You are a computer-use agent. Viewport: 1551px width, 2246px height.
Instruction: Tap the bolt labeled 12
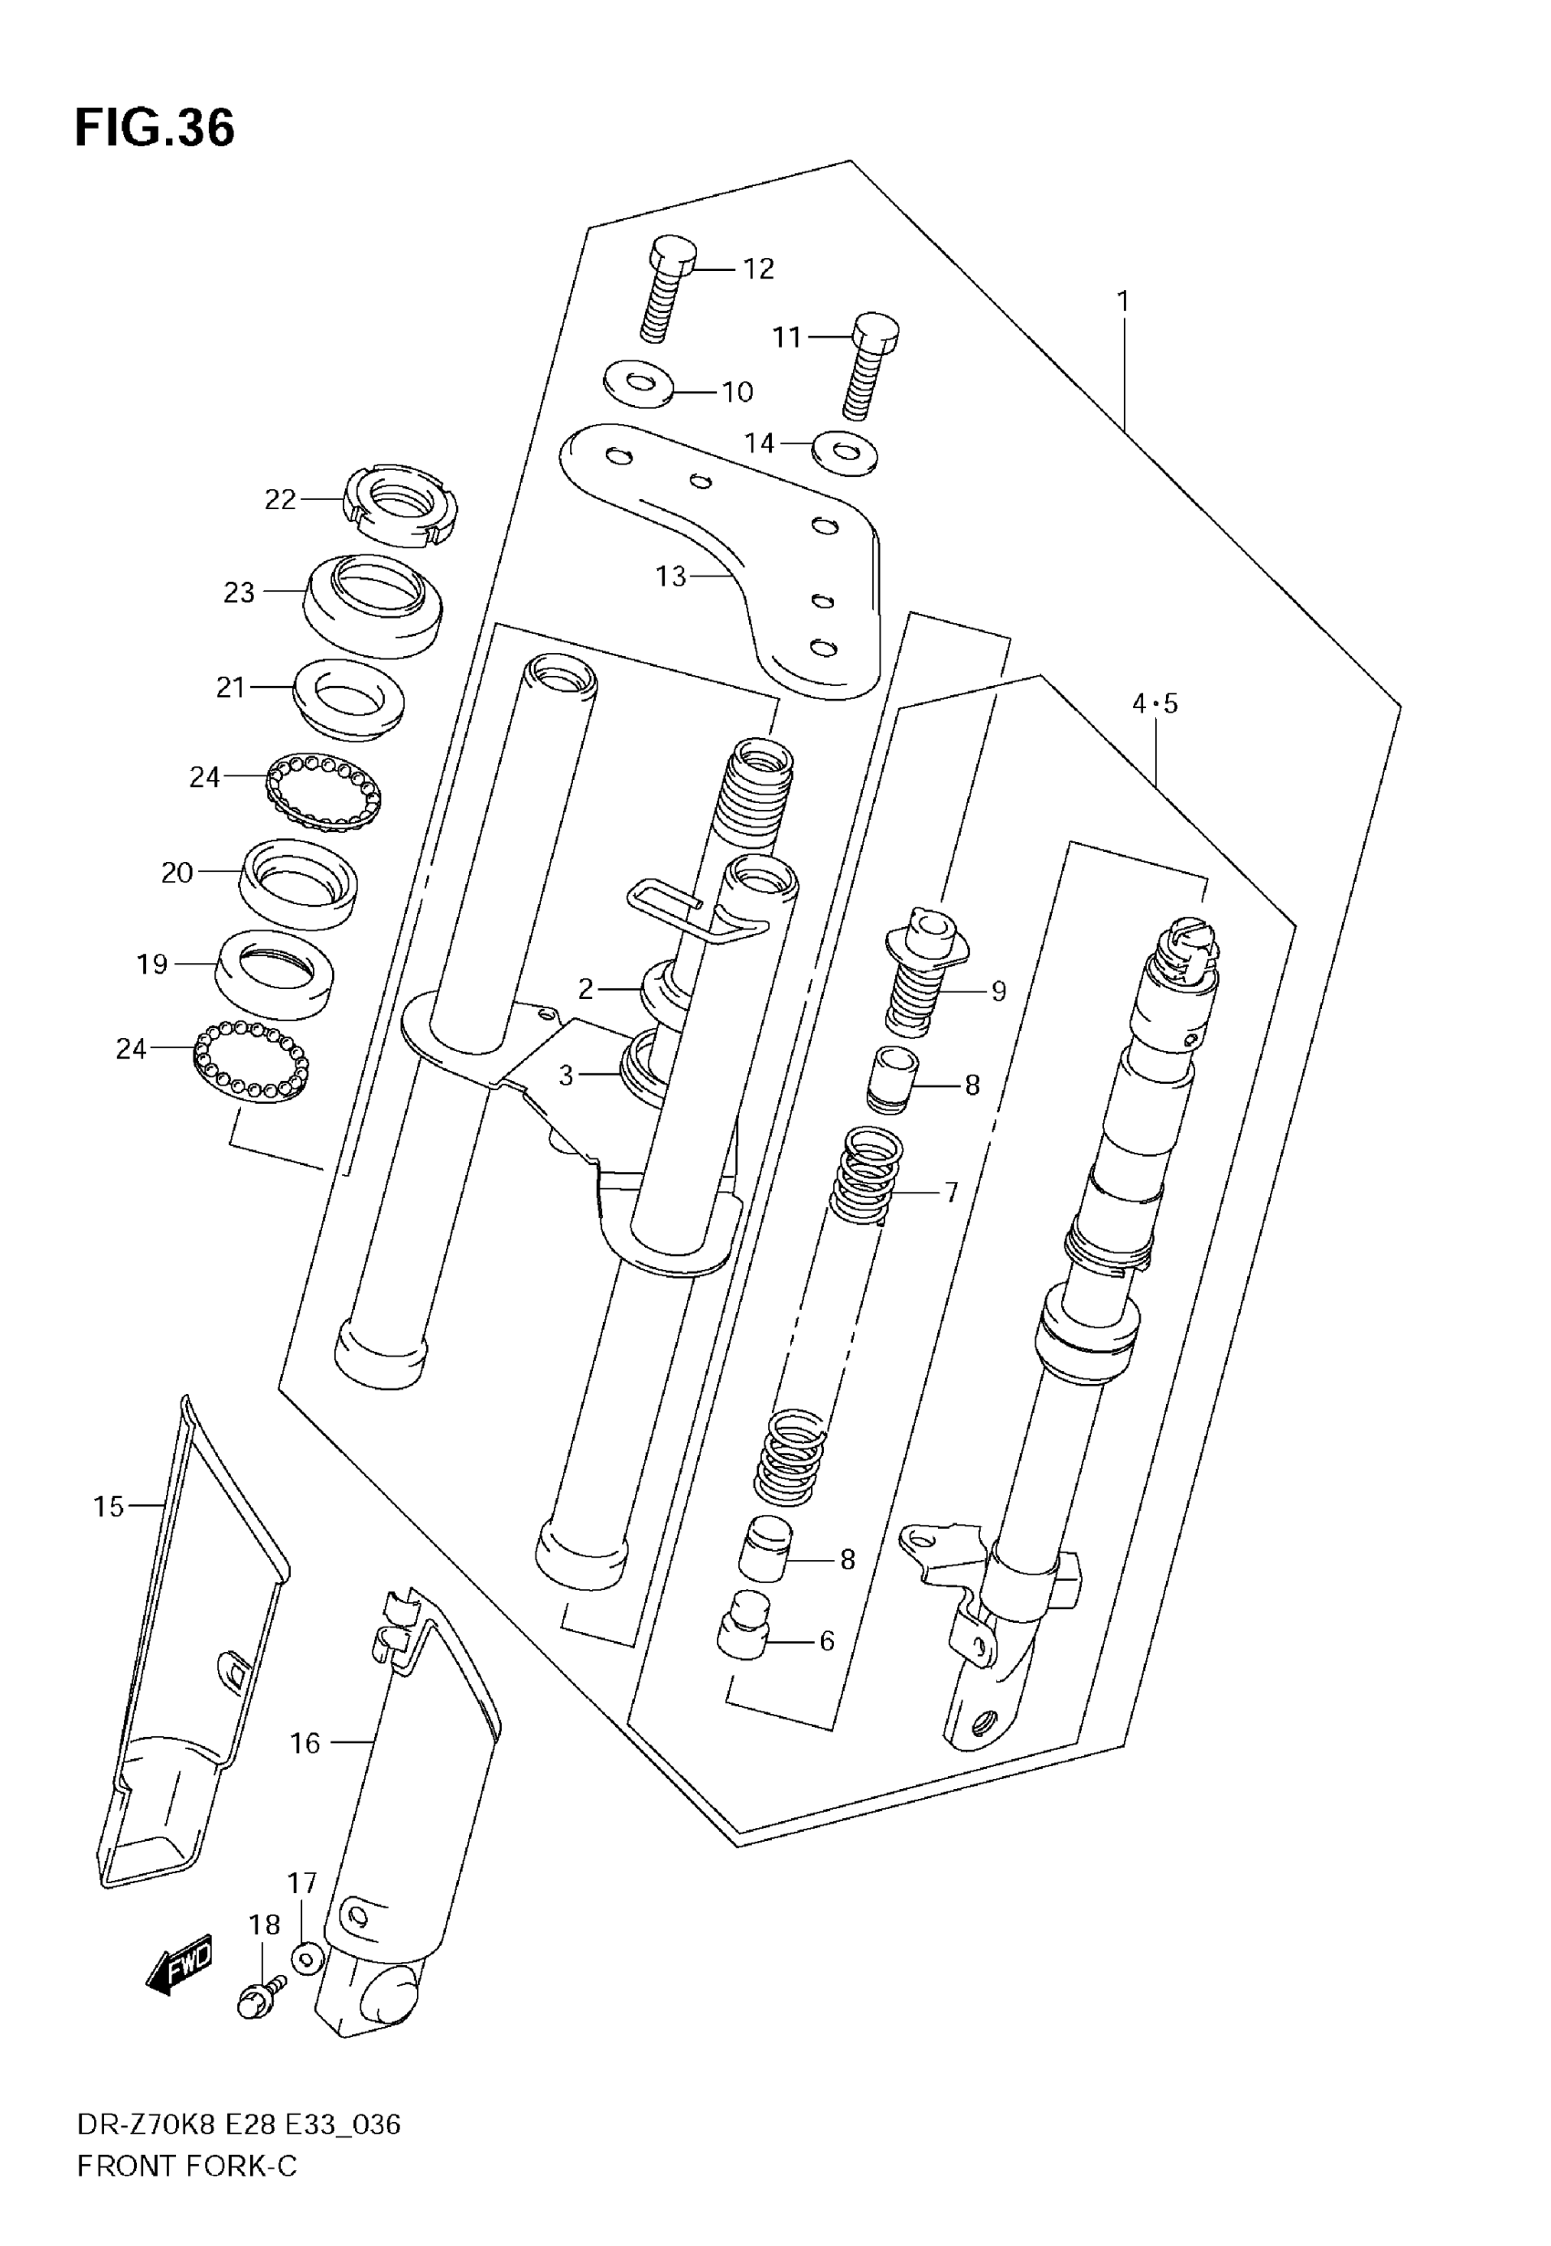tap(667, 287)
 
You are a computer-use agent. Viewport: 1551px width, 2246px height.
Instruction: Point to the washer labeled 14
tap(845, 452)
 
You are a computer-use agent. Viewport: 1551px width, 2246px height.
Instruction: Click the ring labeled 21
tap(349, 700)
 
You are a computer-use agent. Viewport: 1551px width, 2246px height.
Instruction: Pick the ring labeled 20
tap(298, 884)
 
